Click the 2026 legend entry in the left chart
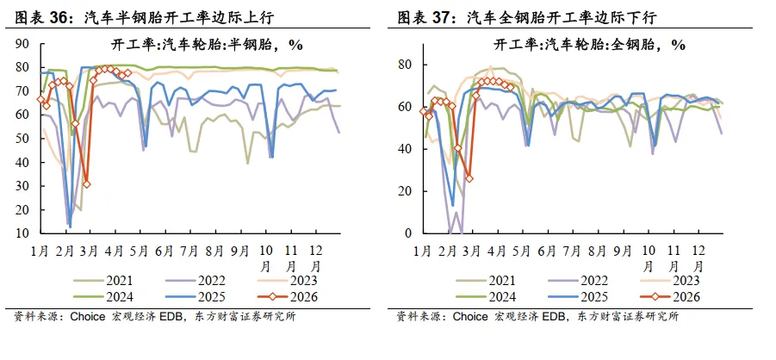pos(288,296)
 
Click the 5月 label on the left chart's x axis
pos(139,251)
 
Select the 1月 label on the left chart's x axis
pos(40,251)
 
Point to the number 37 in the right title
pos(443,18)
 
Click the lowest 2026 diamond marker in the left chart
pos(87,184)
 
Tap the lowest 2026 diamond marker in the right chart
pos(469,178)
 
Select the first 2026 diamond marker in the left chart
pos(40,100)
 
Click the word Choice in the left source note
pos(87,316)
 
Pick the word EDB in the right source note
pos(560,316)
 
